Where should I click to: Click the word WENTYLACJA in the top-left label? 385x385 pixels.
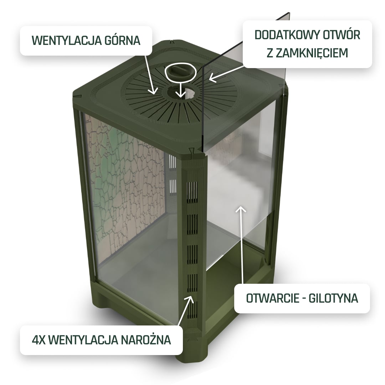[66, 41]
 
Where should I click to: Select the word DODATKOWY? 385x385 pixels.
[287, 35]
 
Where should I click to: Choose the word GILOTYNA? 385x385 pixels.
[333, 298]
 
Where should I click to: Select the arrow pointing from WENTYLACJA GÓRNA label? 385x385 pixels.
[150, 75]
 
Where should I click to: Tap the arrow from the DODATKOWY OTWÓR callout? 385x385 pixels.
[226, 73]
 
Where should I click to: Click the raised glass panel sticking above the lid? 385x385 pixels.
[246, 81]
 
